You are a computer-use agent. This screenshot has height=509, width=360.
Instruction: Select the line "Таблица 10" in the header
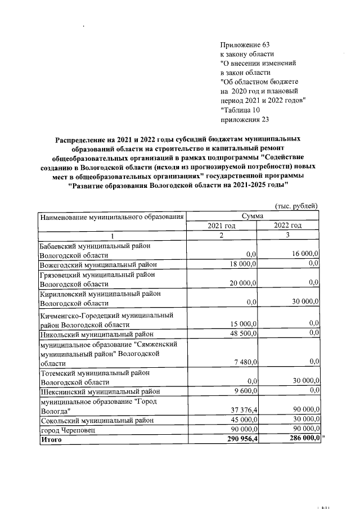(x=241, y=110)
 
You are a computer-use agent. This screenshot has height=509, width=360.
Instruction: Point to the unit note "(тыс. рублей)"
(x=297, y=206)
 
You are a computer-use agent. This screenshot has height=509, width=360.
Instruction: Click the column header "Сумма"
(x=253, y=216)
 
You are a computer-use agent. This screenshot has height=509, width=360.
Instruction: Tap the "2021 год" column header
(x=222, y=226)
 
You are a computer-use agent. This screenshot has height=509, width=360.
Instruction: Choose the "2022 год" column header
(x=288, y=226)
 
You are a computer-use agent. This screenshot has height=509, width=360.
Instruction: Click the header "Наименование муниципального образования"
(x=111, y=217)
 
